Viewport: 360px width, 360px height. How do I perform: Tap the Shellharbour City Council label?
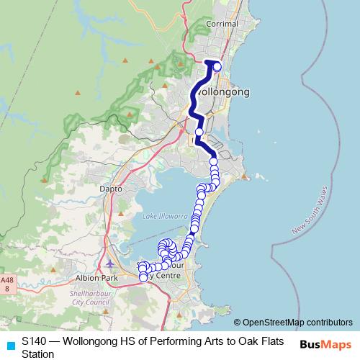[90, 297]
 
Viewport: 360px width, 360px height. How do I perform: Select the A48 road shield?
[7, 284]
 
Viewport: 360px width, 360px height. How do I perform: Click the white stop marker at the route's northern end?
[217, 67]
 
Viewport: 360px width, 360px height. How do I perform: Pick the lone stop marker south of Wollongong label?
[199, 132]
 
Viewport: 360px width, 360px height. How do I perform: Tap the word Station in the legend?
[37, 354]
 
